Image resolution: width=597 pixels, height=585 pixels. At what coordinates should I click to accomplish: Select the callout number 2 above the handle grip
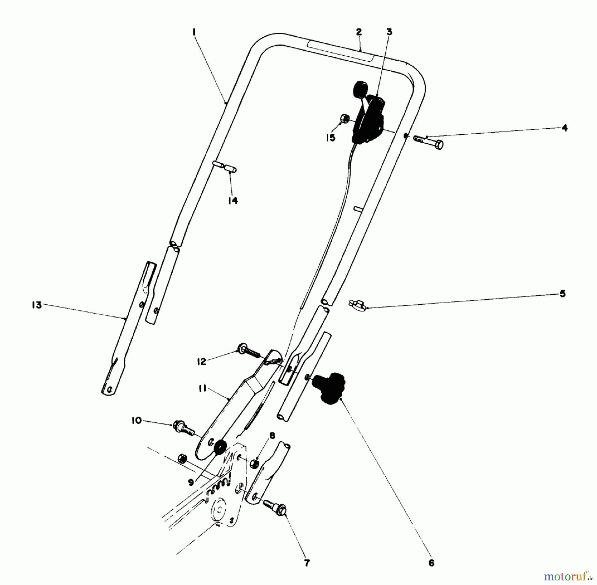(359, 32)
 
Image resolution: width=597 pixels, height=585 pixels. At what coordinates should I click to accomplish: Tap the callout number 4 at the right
(564, 128)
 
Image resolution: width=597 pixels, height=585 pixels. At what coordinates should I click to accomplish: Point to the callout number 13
(36, 305)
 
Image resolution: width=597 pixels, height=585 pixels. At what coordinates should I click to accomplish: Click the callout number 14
(233, 201)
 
